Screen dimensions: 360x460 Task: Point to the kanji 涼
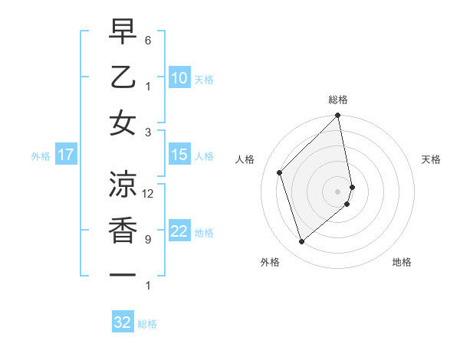[x=123, y=184]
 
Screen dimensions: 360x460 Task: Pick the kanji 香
[x=123, y=230]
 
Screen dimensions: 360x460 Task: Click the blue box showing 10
[x=179, y=78]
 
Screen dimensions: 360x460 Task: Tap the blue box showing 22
[x=179, y=231]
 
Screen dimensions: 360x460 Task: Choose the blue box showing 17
[x=65, y=155]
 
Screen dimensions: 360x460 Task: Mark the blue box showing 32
[x=123, y=322]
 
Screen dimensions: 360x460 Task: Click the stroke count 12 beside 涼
[x=148, y=194]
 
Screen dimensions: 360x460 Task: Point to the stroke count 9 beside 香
[x=148, y=240]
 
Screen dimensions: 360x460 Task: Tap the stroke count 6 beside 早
[x=148, y=40]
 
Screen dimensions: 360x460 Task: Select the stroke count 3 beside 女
[x=148, y=132]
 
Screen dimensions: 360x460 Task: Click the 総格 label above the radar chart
[x=338, y=100]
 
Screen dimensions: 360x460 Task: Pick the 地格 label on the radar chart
[x=402, y=262]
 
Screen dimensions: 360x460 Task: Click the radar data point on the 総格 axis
[x=338, y=116]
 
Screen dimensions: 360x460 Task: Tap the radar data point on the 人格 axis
[x=280, y=172]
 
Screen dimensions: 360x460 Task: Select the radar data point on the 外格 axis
[x=302, y=242]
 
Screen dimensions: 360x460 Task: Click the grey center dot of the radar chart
[x=338, y=191]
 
